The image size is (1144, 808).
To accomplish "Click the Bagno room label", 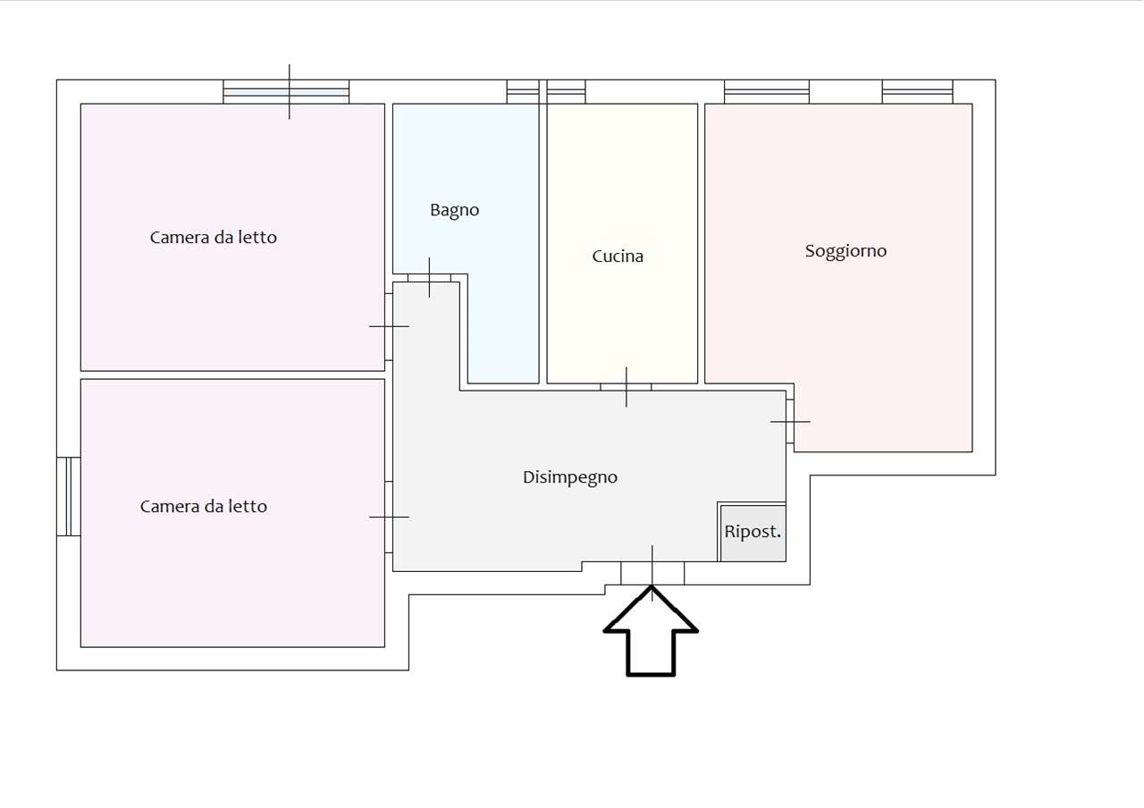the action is (455, 210).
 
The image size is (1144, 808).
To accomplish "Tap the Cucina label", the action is (618, 256).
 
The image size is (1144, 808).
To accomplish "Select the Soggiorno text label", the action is (845, 251).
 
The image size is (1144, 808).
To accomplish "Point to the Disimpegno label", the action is (570, 477).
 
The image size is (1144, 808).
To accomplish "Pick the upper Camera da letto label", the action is (214, 238).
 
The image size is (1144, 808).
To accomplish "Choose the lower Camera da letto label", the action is (204, 507).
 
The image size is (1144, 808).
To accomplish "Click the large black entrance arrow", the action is (651, 632).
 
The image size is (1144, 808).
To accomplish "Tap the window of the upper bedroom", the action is (286, 92).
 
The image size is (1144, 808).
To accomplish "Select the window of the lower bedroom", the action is (69, 496).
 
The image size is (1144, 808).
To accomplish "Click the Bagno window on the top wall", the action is (523, 92).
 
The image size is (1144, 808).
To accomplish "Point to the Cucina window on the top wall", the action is (566, 92).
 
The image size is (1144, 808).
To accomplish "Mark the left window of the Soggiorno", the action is (767, 92).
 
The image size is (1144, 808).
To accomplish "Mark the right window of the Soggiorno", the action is (917, 92).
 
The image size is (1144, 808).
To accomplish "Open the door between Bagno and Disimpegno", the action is (429, 278).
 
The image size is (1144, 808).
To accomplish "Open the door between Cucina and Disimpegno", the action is (626, 387).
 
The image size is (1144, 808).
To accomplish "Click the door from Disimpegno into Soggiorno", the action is (789, 421).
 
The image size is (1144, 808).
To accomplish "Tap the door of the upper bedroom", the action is (389, 327).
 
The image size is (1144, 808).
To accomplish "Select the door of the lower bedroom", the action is (389, 517).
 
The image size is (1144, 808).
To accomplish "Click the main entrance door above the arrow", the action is (652, 573).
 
